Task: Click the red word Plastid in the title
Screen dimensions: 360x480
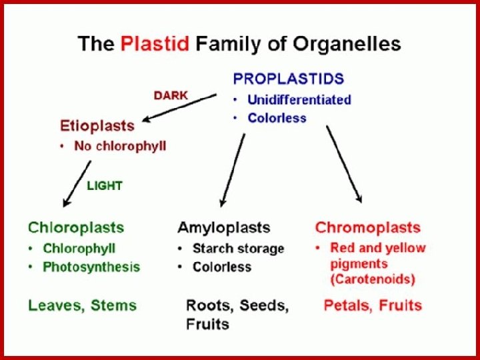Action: pyautogui.click(x=155, y=45)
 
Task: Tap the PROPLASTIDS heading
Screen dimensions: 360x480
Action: pyautogui.click(x=288, y=79)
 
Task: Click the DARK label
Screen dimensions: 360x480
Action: pyautogui.click(x=171, y=95)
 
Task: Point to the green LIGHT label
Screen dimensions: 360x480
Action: pyautogui.click(x=105, y=186)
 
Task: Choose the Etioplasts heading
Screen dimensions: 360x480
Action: pyautogui.click(x=97, y=125)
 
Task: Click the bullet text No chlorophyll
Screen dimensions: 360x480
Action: pyautogui.click(x=120, y=146)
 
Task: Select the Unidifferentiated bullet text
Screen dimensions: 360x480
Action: pyautogui.click(x=299, y=100)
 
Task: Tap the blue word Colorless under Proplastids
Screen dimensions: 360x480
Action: pyautogui.click(x=277, y=118)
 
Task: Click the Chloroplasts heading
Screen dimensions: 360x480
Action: pyautogui.click(x=75, y=228)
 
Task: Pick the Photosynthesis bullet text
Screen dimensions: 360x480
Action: pyautogui.click(x=91, y=267)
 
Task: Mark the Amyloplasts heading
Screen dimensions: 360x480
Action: pyautogui.click(x=223, y=228)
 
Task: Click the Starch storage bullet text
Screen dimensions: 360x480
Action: pyautogui.click(x=238, y=249)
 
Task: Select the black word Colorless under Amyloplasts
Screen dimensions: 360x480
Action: pyautogui.click(x=221, y=267)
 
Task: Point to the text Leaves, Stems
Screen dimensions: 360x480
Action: pyautogui.click(x=82, y=306)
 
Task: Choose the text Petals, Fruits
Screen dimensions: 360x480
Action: pyautogui.click(x=373, y=306)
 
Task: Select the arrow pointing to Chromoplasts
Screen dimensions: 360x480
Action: pyautogui.click(x=344, y=163)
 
